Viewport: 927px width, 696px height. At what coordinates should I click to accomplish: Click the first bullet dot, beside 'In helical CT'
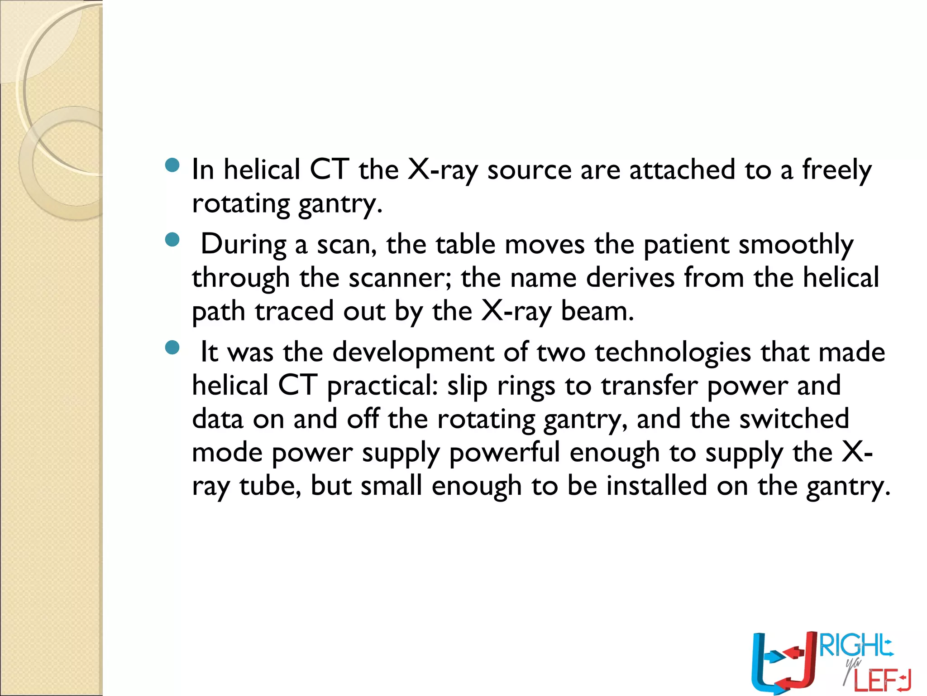click(172, 165)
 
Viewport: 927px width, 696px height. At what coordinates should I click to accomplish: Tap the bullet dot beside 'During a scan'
click(172, 240)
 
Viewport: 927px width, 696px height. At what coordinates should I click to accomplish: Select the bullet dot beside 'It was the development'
click(172, 348)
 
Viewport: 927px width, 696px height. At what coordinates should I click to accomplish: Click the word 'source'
click(530, 170)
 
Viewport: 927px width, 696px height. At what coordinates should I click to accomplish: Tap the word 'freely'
click(837, 170)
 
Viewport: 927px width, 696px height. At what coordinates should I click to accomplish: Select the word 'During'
click(244, 245)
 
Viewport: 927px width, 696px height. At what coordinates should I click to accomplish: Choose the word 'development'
click(414, 353)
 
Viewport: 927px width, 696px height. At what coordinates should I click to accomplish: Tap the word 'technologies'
click(673, 353)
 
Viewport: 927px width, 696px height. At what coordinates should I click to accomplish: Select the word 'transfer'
click(650, 386)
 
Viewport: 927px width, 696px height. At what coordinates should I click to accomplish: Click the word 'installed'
click(657, 486)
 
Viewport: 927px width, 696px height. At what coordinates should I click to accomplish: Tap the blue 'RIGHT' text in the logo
click(855, 646)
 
